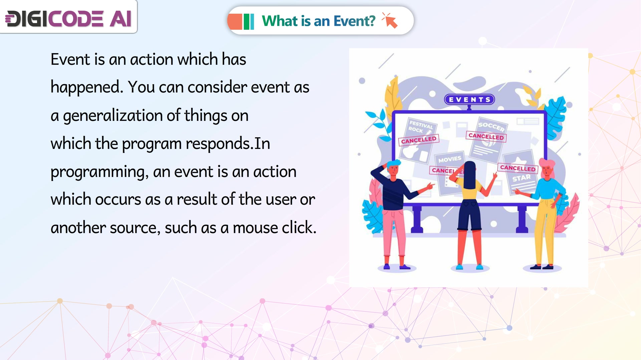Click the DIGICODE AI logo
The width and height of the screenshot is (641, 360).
[x=69, y=19]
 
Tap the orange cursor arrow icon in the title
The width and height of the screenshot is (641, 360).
[x=390, y=20]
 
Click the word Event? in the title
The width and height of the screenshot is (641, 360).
[x=355, y=21]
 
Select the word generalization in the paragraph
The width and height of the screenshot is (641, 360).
[x=113, y=116]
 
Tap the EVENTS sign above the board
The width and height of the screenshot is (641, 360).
[x=469, y=100]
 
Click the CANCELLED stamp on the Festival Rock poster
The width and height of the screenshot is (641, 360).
[x=419, y=140]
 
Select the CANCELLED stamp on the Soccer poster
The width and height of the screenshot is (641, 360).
[x=486, y=136]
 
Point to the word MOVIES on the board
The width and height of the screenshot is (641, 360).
[x=450, y=159]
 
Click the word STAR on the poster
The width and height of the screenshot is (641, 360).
[x=521, y=178]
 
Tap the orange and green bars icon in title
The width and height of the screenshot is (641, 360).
[x=241, y=21]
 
